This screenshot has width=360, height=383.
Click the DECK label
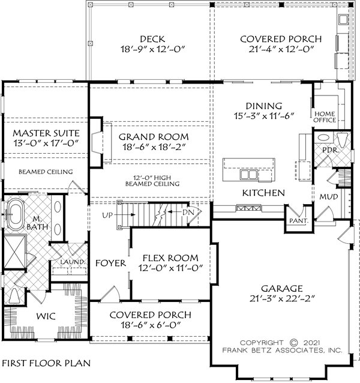pos(152,39)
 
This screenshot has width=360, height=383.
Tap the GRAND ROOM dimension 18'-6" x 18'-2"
pos(154,147)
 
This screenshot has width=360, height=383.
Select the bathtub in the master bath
pos(15,215)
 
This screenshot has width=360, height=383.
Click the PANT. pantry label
pos(299,220)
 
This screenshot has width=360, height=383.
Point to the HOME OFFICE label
pos(325,117)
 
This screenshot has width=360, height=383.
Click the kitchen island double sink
pos(248,175)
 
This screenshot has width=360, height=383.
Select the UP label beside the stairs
pos(107,215)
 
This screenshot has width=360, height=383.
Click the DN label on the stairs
pos(188,213)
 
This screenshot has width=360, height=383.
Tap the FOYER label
pos(110,263)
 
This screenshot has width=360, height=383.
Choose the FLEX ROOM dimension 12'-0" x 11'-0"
pos(171,268)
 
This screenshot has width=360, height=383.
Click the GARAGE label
pos(282,289)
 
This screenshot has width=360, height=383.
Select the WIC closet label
pos(46,316)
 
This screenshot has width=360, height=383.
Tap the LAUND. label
pos(72,262)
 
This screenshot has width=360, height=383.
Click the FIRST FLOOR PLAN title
pos(46,363)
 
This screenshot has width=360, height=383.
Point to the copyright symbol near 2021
pos(294,343)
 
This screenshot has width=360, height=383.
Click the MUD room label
pos(329,197)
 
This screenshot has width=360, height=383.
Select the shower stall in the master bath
pos(15,252)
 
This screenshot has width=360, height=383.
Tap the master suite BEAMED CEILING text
pos(46,172)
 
